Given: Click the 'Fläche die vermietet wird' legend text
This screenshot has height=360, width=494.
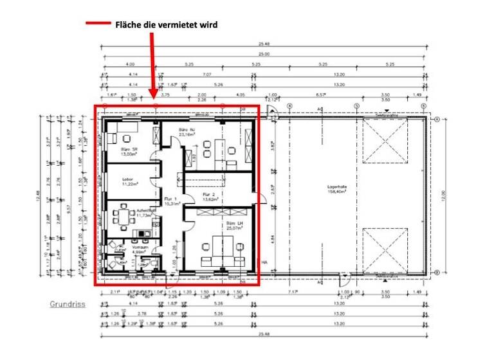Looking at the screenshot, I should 166,25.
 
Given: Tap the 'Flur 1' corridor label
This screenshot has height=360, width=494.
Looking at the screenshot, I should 170,201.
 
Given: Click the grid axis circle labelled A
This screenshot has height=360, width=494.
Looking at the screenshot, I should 435,120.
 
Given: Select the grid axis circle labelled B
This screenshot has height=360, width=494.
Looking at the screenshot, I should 435,272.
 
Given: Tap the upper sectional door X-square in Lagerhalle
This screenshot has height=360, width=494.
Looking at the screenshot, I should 385,143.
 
